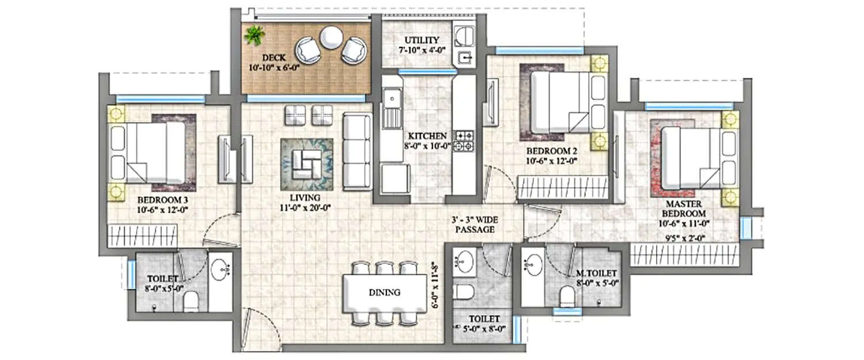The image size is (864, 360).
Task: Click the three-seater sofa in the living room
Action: point(357,151)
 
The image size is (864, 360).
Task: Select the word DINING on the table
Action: point(385,292)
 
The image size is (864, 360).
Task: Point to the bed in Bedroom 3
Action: point(153,152)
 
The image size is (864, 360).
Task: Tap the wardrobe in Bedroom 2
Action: point(563,188)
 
